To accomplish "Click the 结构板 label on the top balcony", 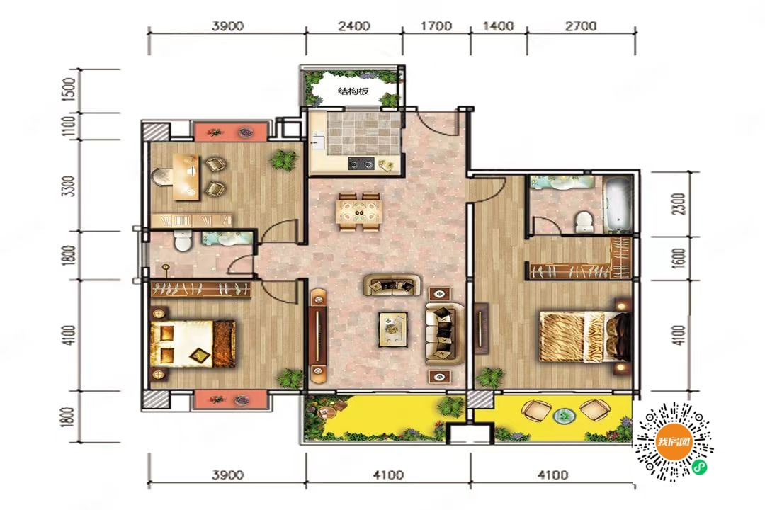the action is click(353, 91).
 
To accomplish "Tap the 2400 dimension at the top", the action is click(354, 25).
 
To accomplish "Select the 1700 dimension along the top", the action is click(436, 25).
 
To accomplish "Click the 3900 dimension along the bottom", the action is click(228, 475).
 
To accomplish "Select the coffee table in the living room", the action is click(393, 329).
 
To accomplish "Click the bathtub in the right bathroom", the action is click(617, 204).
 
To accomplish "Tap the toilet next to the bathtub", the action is click(584, 222).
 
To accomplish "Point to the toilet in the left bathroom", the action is click(183, 242).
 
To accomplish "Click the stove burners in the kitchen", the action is click(361, 164).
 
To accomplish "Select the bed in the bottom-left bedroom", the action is click(193, 344).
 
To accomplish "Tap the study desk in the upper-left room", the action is click(186, 177).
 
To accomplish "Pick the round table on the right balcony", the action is click(565, 416).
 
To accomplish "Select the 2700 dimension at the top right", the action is click(581, 25).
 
